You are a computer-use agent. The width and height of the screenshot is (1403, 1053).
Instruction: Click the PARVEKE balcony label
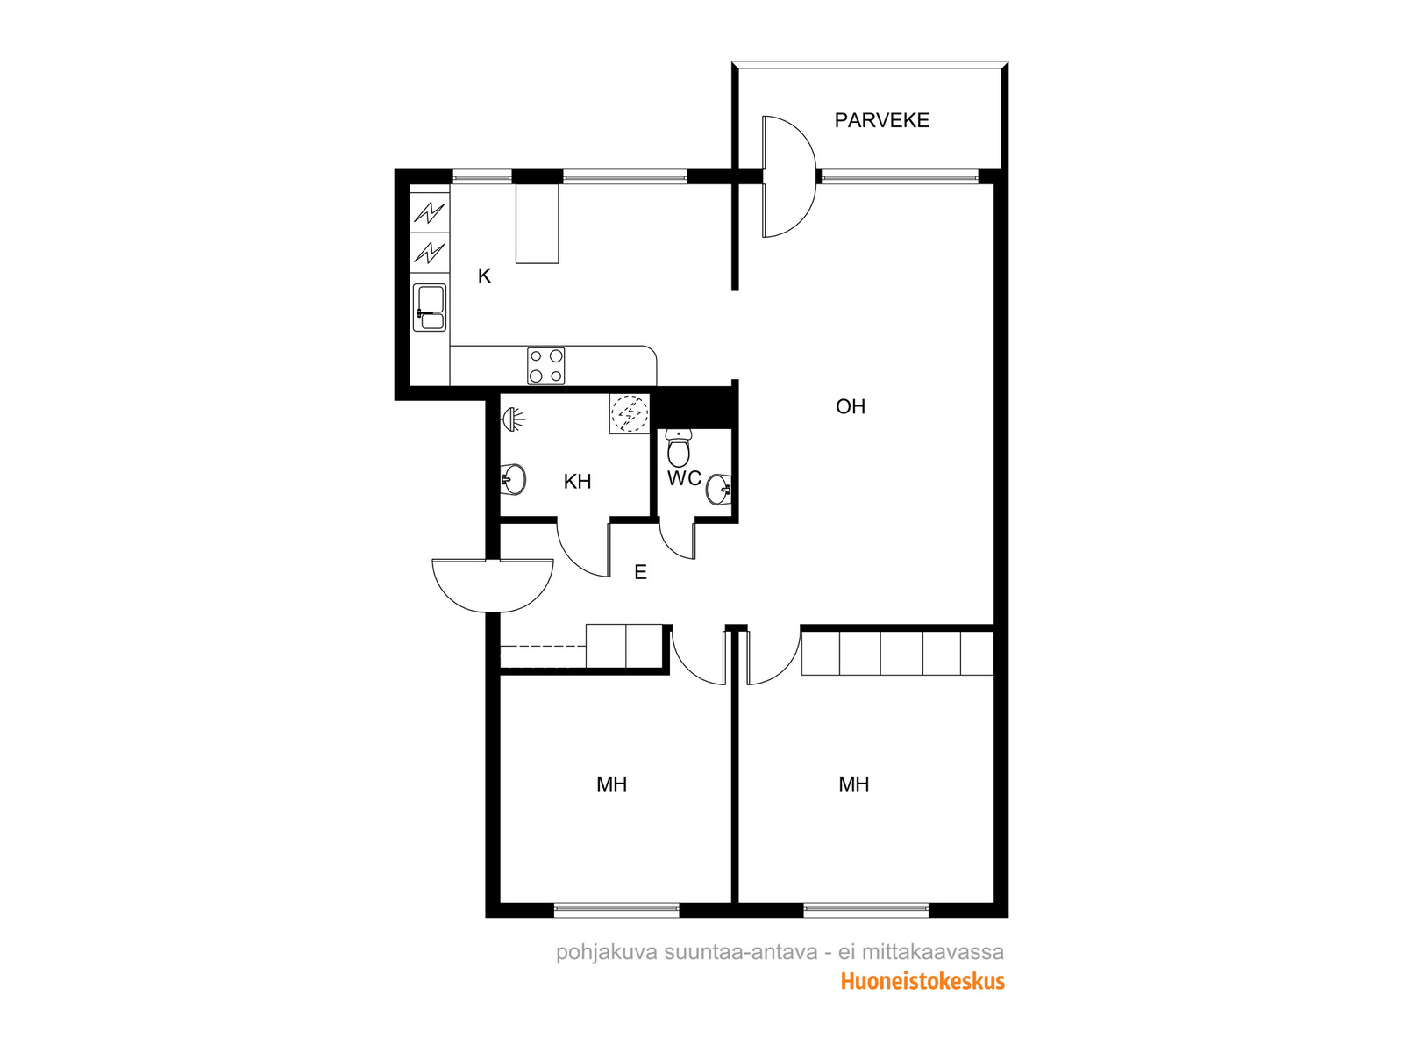click(880, 120)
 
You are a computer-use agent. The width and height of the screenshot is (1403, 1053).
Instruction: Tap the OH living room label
click(850, 406)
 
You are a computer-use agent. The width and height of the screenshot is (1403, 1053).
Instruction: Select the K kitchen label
click(484, 276)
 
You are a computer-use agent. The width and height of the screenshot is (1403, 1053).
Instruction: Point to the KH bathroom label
click(576, 482)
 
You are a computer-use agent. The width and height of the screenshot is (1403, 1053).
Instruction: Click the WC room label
click(684, 478)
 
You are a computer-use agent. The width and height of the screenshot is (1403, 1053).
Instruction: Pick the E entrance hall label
click(640, 572)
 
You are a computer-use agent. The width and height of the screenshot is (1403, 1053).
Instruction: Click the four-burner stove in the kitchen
click(545, 366)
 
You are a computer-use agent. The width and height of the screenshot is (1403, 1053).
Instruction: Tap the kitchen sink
click(430, 308)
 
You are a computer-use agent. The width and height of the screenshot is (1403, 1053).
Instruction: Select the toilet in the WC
click(678, 448)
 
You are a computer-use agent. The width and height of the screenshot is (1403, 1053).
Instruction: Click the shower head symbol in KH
click(513, 419)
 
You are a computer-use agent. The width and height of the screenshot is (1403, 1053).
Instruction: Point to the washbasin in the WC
click(718, 490)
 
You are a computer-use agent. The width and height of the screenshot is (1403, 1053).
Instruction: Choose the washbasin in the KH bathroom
click(513, 479)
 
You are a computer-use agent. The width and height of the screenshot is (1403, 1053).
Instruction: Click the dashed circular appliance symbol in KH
click(630, 413)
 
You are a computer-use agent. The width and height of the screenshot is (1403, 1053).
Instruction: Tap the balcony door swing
click(788, 176)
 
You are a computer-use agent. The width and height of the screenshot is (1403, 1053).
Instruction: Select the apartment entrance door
click(492, 585)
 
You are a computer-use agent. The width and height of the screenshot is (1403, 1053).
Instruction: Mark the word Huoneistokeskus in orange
click(922, 981)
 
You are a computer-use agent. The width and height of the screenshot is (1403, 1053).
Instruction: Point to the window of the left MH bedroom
click(616, 911)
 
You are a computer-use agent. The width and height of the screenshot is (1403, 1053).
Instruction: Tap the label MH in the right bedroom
click(853, 784)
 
